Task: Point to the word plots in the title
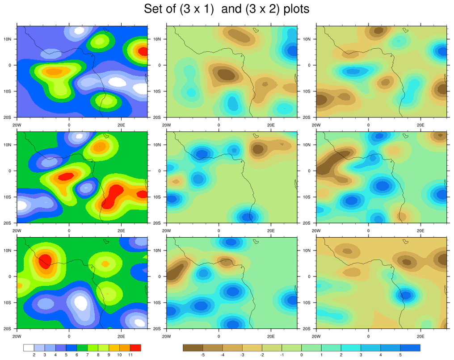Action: [x=295, y=9]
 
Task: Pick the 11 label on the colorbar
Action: [x=130, y=355]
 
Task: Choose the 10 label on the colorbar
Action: [x=119, y=355]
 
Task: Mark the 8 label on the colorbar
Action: [x=98, y=355]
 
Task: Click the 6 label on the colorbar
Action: [x=77, y=355]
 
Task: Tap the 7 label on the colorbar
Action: [x=88, y=355]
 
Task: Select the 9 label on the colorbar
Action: [x=109, y=355]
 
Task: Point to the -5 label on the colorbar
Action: [x=202, y=355]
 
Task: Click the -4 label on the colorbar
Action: [x=223, y=355]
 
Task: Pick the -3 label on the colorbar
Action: [x=242, y=355]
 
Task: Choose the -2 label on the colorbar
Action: [x=262, y=355]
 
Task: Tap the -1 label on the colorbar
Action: [x=282, y=355]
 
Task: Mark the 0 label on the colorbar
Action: [x=302, y=355]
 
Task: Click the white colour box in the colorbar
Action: [x=29, y=347]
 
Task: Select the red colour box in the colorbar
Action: [x=135, y=347]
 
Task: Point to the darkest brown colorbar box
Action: [x=193, y=347]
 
